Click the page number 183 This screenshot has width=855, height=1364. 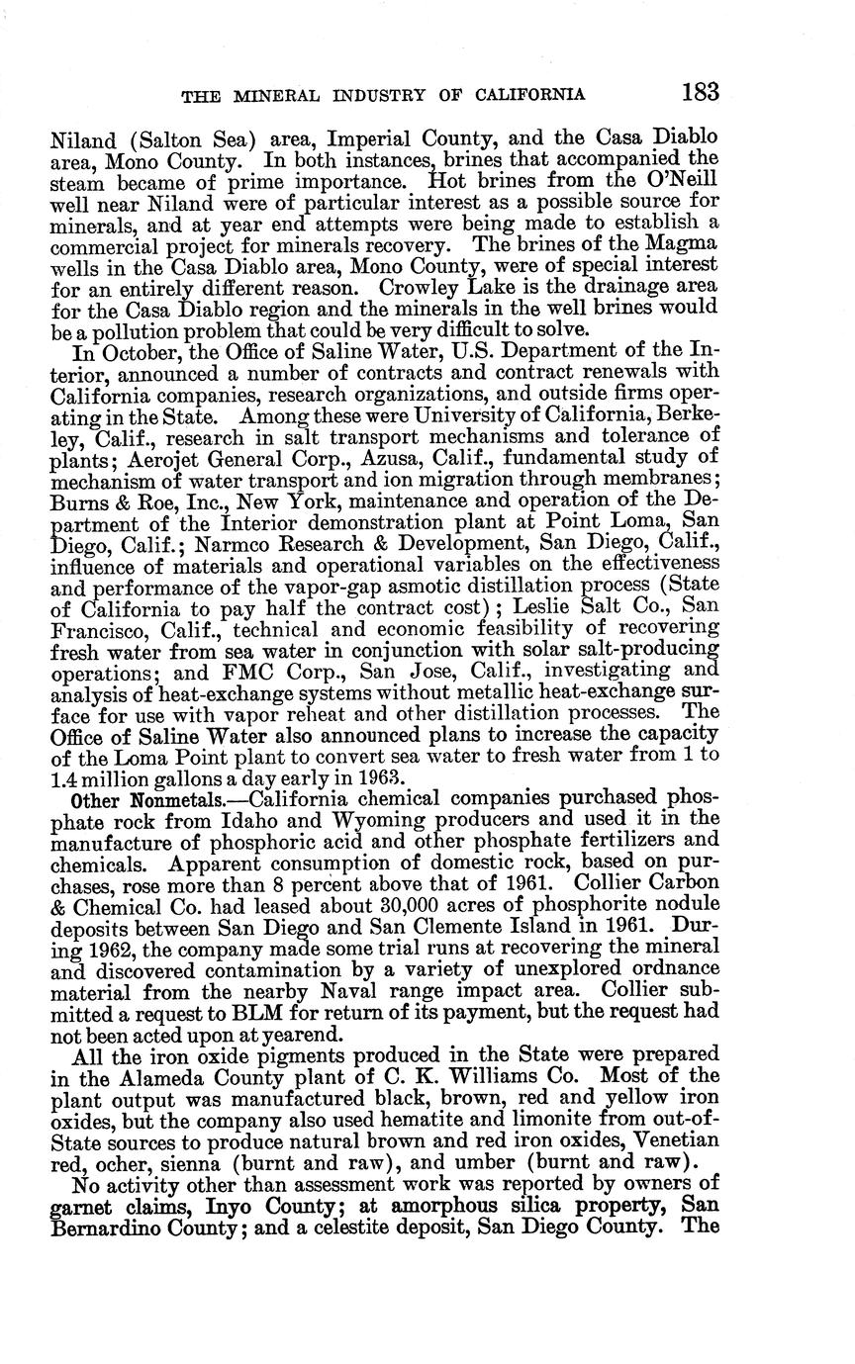(698, 92)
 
